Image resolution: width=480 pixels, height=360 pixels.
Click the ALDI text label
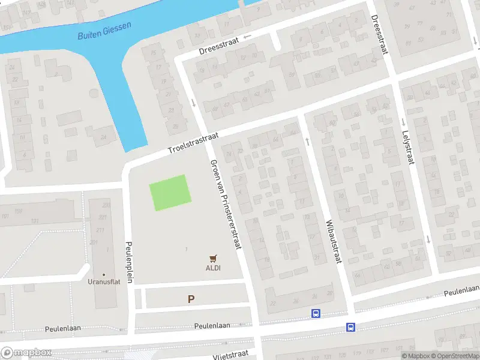[213, 268]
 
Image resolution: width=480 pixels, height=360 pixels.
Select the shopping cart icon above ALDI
[213, 258]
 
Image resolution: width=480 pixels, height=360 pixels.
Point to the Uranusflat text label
[104, 282]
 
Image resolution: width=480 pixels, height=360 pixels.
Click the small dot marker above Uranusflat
[104, 274]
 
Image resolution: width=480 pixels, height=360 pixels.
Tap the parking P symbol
[191, 299]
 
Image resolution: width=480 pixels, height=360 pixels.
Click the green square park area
[170, 192]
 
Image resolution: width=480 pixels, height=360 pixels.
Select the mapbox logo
[25, 352]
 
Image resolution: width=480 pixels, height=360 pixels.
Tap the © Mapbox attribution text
[415, 356]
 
